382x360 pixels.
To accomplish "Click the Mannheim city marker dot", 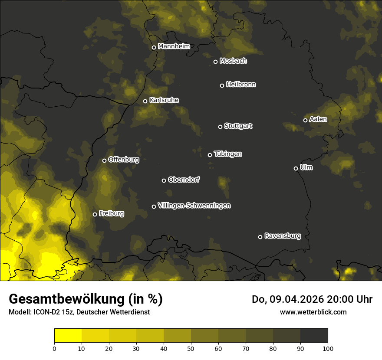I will [x=154, y=48].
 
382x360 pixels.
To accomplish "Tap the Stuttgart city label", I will [x=238, y=126].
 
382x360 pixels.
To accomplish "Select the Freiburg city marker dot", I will [x=95, y=214].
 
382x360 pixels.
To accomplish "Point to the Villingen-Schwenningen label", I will [x=194, y=206].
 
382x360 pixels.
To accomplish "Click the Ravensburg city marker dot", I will [x=260, y=237].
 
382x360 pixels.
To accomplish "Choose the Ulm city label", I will [x=306, y=167].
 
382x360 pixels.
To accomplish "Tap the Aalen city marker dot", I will [x=305, y=120].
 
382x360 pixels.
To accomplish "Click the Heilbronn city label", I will [x=241, y=85].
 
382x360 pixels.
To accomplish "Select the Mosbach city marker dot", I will [x=215, y=62].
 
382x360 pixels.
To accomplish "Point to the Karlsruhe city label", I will [x=164, y=100].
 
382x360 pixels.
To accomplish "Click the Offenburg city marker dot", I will [x=104, y=160].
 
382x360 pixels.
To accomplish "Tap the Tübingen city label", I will [x=228, y=154].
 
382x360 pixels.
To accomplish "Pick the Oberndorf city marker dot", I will [x=164, y=180].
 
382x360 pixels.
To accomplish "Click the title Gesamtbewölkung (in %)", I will [x=86, y=299].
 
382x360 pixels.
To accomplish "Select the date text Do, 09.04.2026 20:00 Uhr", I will [x=312, y=299].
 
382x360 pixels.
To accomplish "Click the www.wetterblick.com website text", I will [x=313, y=312].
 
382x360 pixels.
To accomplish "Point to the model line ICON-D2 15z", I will [x=79, y=312].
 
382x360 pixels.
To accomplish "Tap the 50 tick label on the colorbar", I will [x=191, y=348].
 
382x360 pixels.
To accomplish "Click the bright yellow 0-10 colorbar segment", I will [x=68, y=336].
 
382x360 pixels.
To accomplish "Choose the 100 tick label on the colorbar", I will [x=328, y=348].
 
